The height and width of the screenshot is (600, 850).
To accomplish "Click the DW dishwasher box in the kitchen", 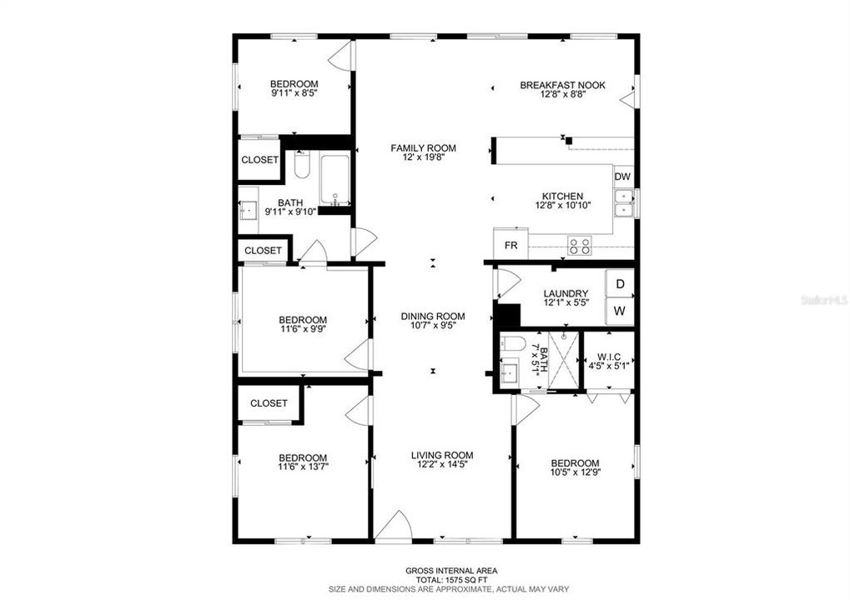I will (623, 177).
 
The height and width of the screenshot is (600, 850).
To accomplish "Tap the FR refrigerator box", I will (511, 246).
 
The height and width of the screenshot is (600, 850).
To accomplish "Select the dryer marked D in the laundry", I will (620, 283).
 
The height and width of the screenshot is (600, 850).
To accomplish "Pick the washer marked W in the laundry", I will (620, 312).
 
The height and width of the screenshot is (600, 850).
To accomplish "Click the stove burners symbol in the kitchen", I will (579, 245).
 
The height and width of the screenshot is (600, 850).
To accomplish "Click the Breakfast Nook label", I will (562, 85).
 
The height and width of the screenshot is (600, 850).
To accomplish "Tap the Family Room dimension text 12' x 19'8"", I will (424, 157).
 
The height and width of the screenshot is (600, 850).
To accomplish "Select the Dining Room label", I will (432, 316).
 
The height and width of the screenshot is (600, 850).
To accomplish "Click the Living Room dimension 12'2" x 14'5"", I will (442, 465).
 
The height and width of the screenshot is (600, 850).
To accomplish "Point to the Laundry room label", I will (566, 293).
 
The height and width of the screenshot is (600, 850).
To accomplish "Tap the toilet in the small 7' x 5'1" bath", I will (513, 342).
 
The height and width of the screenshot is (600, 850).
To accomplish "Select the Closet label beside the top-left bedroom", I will (259, 160).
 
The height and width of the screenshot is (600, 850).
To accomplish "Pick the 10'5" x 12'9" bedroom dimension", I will (574, 473).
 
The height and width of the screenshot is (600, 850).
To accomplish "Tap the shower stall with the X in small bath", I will (564, 361).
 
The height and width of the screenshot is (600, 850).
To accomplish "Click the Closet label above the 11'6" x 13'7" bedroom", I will (269, 403).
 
